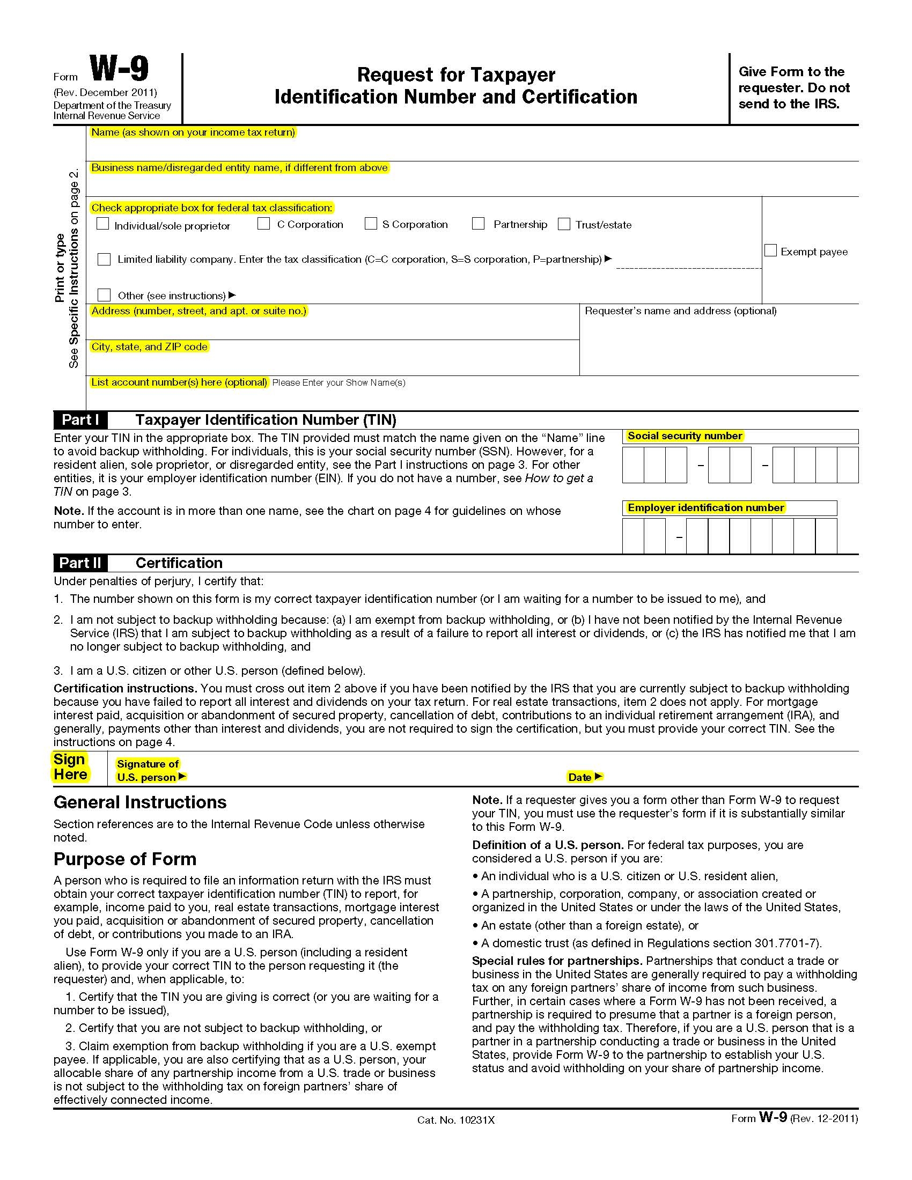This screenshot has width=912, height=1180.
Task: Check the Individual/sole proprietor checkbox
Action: [102, 224]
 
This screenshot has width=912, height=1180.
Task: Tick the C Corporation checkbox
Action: [263, 224]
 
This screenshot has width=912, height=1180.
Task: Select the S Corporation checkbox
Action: [371, 224]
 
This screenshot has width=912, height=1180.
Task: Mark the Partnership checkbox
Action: [478, 224]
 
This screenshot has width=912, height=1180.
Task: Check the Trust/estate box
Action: [564, 224]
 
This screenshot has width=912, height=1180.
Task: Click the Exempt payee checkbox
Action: [771, 250]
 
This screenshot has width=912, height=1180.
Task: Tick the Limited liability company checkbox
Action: [104, 260]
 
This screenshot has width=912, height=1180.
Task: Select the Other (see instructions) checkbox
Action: [104, 295]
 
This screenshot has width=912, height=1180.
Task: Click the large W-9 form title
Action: [119, 70]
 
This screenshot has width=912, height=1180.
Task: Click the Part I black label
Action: [80, 420]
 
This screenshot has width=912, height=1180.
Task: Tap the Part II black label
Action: [80, 563]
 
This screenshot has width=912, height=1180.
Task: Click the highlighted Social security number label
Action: [685, 436]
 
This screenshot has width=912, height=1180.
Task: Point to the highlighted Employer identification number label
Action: [705, 508]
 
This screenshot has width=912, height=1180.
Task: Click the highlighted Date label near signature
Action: [580, 778]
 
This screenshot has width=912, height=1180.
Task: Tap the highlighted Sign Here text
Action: [70, 767]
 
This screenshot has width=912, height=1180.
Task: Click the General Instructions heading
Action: [140, 802]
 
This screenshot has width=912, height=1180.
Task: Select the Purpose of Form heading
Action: [125, 859]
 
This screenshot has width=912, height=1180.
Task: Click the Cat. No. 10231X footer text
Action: [455, 1120]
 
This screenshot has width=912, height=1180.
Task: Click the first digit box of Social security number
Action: [633, 464]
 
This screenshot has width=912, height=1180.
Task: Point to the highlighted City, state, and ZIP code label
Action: [149, 347]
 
